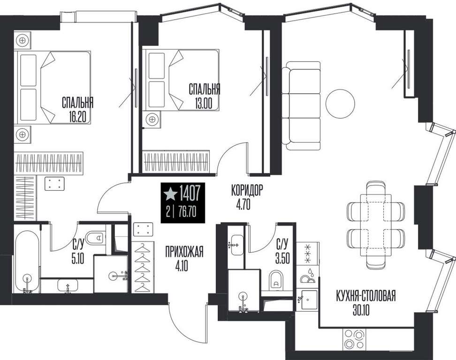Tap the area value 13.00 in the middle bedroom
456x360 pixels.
204,104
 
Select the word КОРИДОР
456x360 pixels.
247,191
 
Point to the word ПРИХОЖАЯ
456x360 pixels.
184,252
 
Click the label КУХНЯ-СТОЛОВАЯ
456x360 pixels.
366,296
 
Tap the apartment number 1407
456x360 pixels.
190,194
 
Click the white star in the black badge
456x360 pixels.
170,194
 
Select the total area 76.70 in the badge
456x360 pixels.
188,212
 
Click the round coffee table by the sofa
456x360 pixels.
340,104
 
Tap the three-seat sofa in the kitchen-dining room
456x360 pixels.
301,106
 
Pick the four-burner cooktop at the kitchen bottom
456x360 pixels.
354,339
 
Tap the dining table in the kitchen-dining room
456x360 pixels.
376,225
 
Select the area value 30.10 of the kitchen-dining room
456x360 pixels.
361,311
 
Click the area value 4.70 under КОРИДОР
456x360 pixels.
243,205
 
